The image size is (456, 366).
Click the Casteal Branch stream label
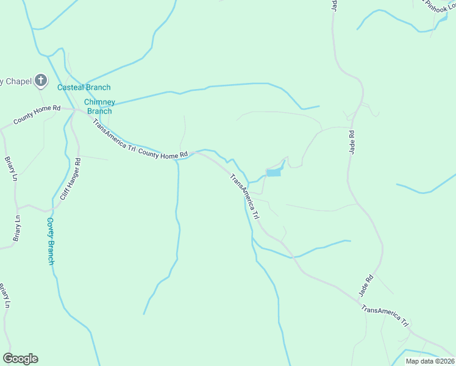pyautogui.click(x=84, y=88)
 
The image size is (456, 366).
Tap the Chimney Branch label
pyautogui.click(x=98, y=106)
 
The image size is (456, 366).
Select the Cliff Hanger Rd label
pyautogui.click(x=70, y=179)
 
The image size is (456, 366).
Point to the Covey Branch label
pyautogui.click(x=51, y=241)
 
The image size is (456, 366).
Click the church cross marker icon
pyautogui.click(x=40, y=81)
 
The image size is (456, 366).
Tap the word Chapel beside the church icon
pyautogui.click(x=13, y=81)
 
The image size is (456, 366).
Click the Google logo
pyautogui.click(x=20, y=359)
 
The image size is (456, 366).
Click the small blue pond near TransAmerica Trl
pyautogui.click(x=274, y=173)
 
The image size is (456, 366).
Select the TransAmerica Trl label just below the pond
pyautogui.click(x=245, y=197)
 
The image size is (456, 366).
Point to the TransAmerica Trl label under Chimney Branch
pyautogui.click(x=114, y=135)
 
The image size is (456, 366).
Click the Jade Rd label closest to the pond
pyautogui.click(x=351, y=141)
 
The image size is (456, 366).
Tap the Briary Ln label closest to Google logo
pyautogui.click(x=4, y=295)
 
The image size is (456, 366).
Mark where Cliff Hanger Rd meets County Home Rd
pyautogui.click(x=73, y=111)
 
